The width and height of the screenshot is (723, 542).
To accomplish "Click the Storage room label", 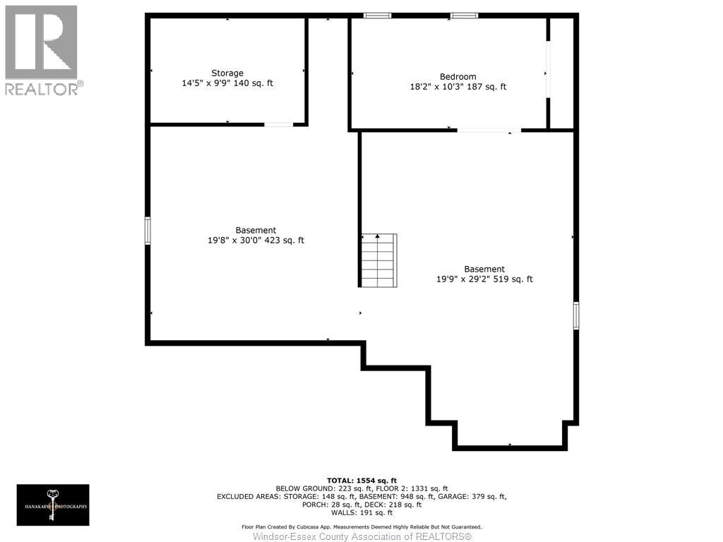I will (227, 73).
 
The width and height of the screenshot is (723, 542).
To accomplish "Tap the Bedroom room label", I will (458, 76).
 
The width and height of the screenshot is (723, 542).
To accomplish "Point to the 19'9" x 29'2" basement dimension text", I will (484, 279).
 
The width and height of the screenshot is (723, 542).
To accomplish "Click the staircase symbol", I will (378, 260).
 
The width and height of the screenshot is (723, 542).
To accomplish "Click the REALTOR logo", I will (42, 49).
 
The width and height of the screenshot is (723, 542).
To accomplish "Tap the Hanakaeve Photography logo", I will (53, 505).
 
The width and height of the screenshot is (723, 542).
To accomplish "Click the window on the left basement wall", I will (148, 231).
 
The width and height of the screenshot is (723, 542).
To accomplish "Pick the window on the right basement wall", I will (576, 315).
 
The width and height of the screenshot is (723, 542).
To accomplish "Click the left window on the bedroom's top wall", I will (377, 16).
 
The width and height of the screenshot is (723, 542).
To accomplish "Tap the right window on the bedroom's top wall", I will (464, 16).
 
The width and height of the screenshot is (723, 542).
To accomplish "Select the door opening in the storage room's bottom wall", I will (278, 125).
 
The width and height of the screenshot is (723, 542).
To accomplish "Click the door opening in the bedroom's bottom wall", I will (489, 131).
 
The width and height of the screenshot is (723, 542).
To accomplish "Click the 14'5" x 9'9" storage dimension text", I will (227, 83).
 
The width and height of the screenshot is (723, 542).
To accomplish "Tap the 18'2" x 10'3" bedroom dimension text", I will (458, 87).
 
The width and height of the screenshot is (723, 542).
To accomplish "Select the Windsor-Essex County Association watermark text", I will (361, 536).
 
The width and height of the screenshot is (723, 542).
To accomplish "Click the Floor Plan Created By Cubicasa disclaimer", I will (361, 526).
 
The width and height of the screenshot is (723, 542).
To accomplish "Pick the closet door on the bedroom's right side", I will (547, 71).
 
